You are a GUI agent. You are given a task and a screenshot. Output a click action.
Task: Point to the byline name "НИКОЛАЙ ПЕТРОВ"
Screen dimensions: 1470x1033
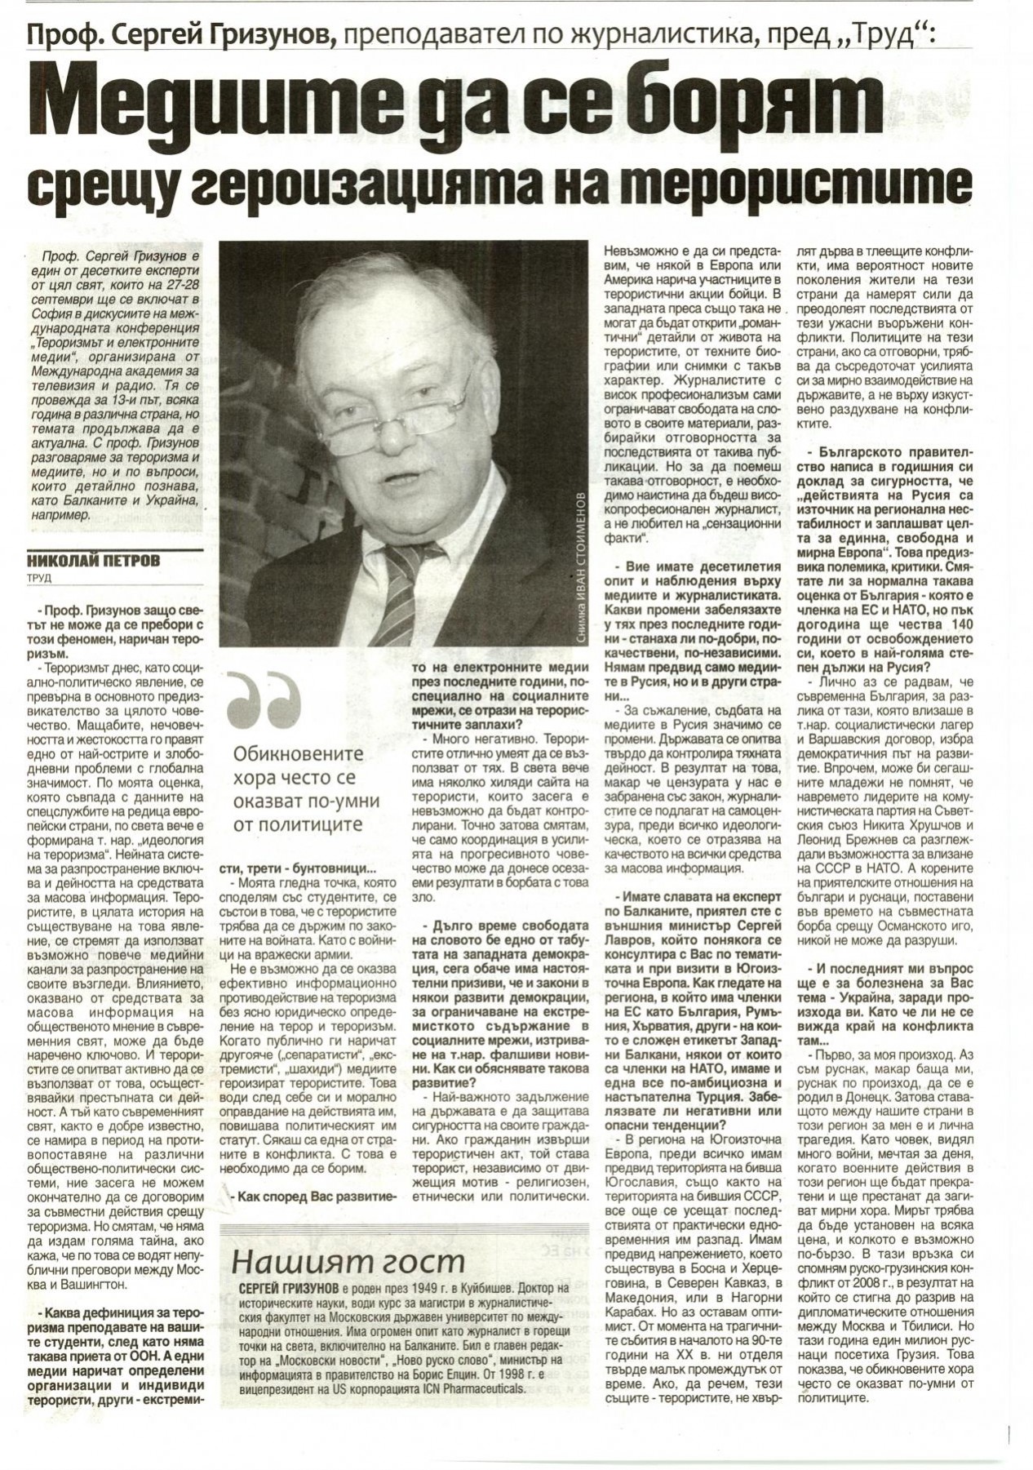coord(94,561)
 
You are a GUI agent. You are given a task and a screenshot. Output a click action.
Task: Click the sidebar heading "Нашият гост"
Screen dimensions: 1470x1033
coord(348,1261)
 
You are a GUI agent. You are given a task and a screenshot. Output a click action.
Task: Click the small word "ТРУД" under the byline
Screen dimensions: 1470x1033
coord(38,578)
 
